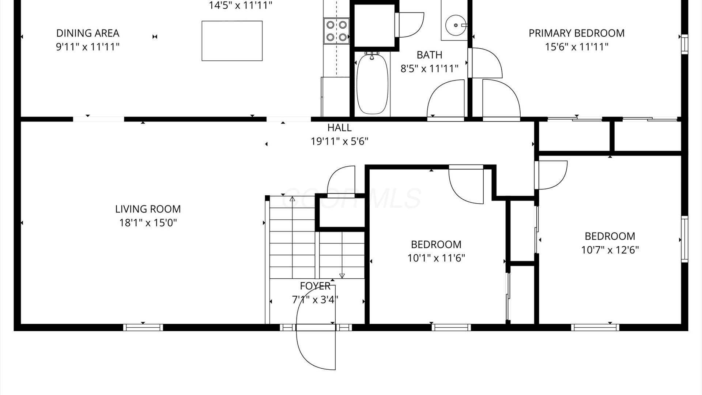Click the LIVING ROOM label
tap(148, 209)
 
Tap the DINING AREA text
tap(88, 33)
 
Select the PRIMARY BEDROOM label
tap(577, 33)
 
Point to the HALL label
tap(339, 128)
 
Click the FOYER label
tap(315, 286)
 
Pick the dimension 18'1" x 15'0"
tap(148, 223)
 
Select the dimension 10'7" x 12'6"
tap(610, 250)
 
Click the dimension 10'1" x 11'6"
tap(436, 258)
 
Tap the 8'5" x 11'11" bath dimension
tap(429, 69)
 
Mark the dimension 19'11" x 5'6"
tap(339, 141)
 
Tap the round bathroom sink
tap(456, 25)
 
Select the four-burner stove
tap(336, 31)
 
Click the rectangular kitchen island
tap(232, 41)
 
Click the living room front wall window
tap(143, 327)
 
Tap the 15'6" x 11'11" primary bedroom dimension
tap(577, 47)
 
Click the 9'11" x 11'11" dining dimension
tap(88, 47)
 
